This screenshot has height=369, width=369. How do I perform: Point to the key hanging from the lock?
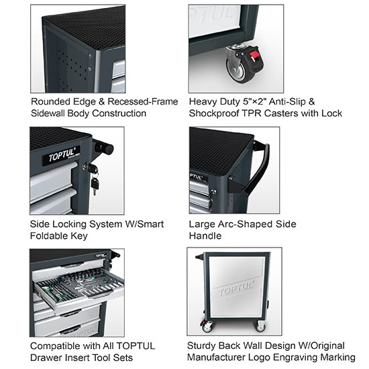[x=95, y=183]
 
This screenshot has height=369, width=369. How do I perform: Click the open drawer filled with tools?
[x=77, y=285]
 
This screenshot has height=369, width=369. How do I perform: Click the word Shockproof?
[x=220, y=113]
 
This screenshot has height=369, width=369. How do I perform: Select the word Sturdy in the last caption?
[x=205, y=346]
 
